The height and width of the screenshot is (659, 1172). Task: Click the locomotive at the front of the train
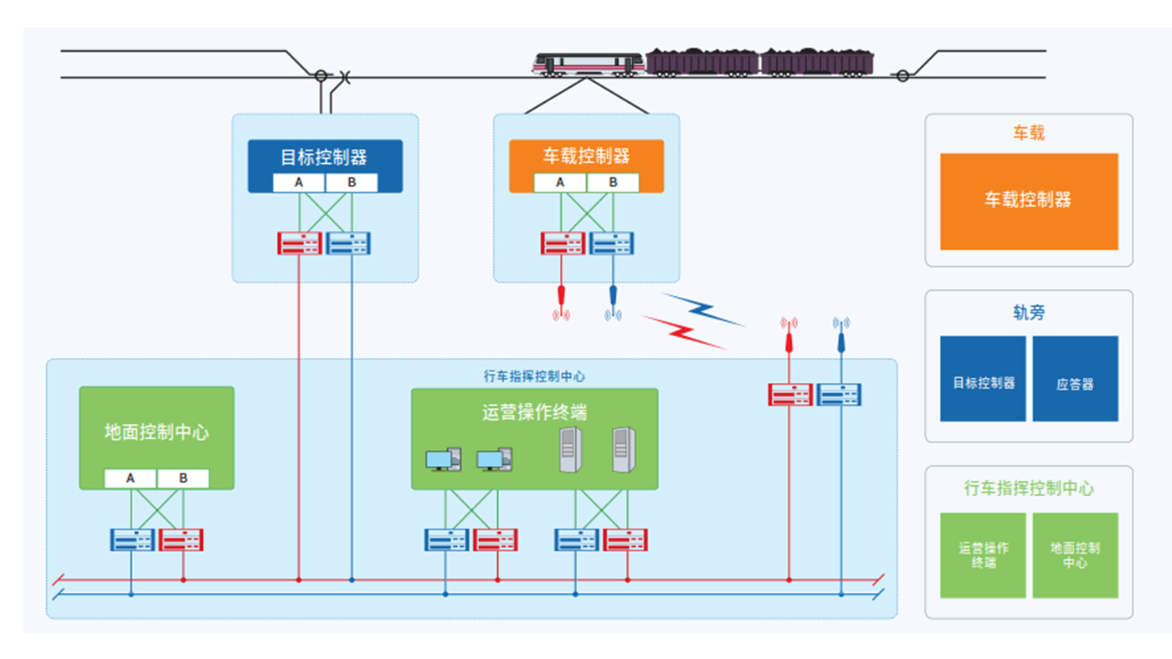point(589,64)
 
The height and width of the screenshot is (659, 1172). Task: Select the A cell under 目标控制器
point(299,182)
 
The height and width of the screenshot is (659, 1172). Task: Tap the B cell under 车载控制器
point(613,182)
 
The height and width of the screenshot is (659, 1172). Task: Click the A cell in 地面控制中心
point(131,478)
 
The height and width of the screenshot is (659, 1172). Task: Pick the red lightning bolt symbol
point(682,330)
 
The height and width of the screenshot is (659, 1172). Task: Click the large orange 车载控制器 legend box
point(1029,201)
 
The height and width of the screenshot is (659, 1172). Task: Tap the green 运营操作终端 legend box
point(983,555)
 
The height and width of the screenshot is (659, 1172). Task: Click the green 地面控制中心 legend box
point(1075,555)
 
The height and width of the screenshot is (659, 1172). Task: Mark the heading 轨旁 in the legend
point(1029,313)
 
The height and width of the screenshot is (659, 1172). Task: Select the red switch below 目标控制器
point(299,243)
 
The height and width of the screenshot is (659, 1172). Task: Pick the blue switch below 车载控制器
point(613,243)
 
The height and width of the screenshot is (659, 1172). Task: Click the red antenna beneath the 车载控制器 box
point(561,299)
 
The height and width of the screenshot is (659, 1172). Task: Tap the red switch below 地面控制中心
point(182,539)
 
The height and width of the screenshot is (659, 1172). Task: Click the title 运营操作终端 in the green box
point(534,411)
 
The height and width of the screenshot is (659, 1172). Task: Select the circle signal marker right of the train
point(902,76)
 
